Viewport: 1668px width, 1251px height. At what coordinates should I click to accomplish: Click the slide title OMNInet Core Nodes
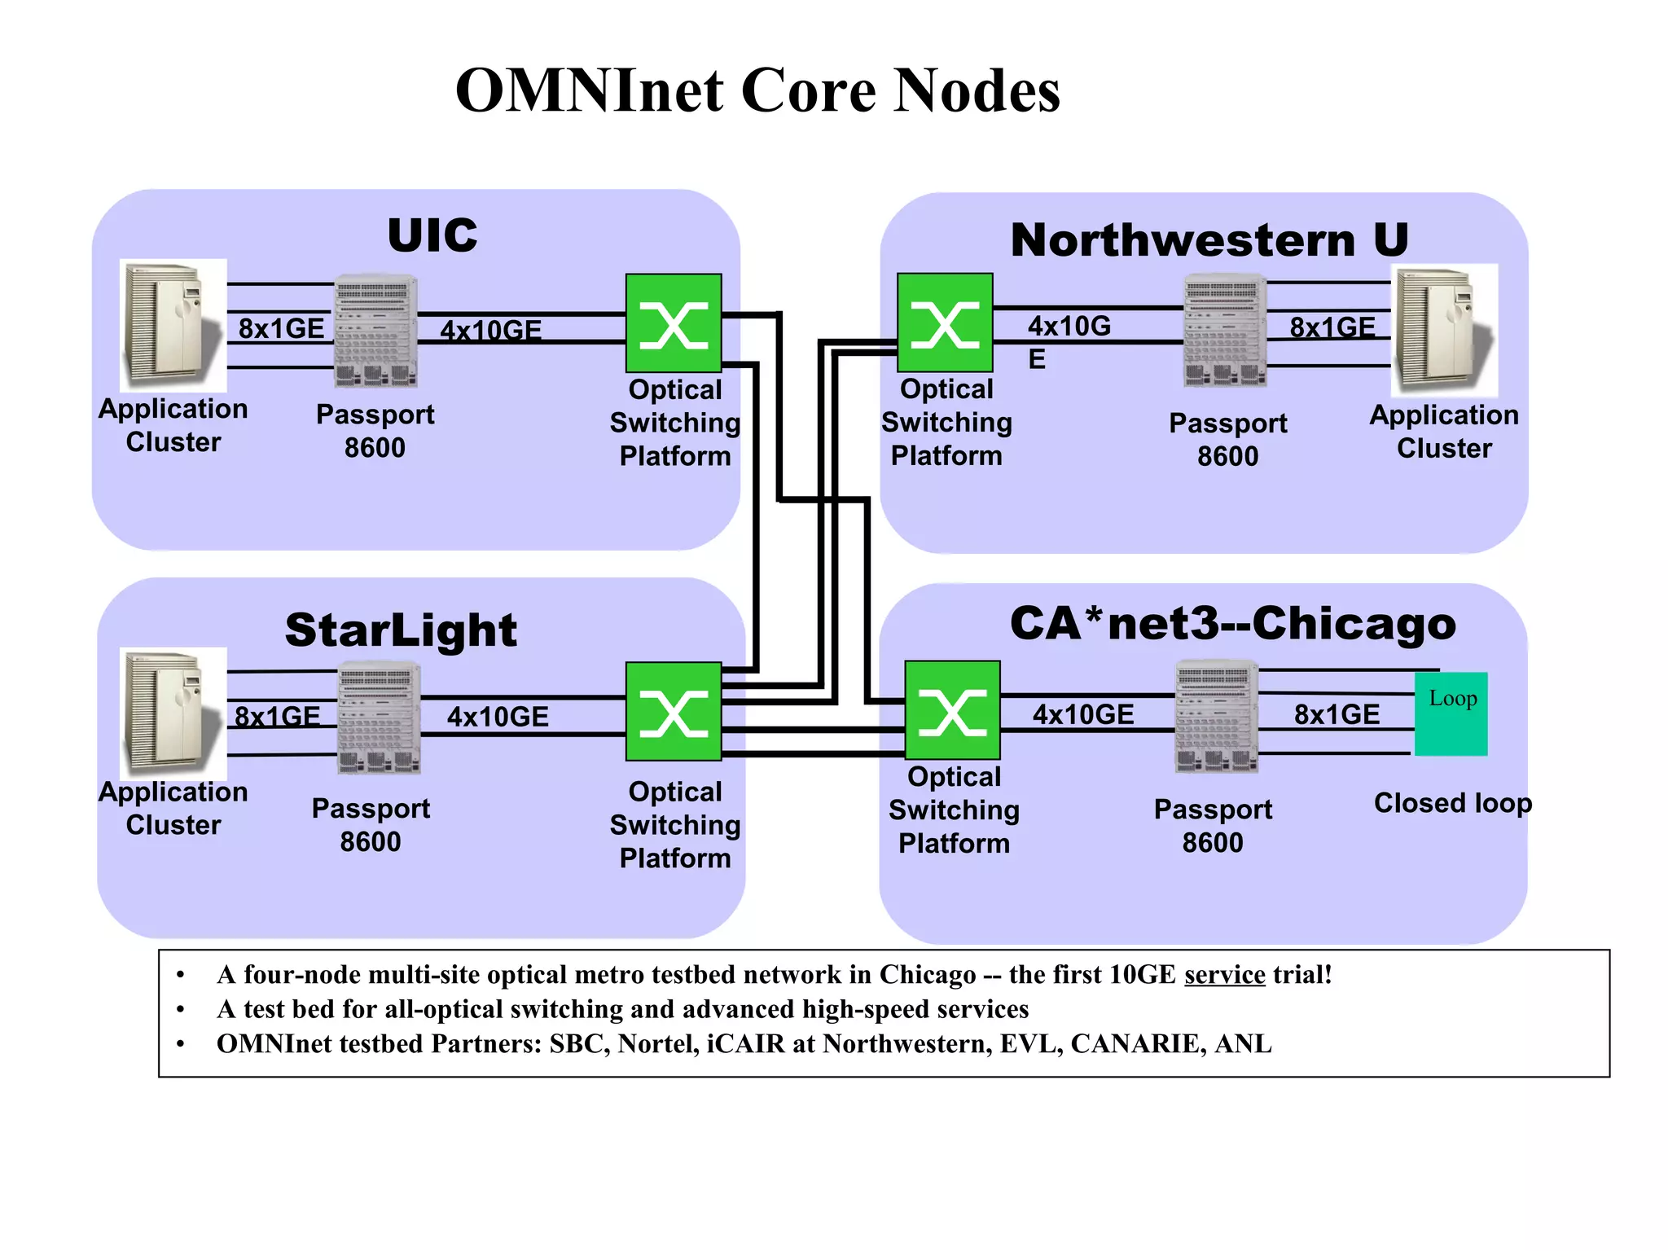(x=757, y=90)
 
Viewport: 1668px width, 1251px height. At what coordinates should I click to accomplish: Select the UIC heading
(x=432, y=235)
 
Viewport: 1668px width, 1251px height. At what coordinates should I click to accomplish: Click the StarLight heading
(x=401, y=630)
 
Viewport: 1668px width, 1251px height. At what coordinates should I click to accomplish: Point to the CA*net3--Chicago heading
(x=1232, y=624)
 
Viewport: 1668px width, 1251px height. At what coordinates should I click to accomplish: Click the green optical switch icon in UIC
(x=674, y=323)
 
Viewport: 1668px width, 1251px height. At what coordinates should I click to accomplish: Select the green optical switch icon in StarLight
(x=674, y=711)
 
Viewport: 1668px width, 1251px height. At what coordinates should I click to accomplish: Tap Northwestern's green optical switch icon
(x=945, y=323)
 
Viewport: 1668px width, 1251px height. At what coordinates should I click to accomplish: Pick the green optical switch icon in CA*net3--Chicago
(x=952, y=709)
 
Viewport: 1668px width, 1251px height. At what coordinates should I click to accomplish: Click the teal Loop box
(x=1451, y=713)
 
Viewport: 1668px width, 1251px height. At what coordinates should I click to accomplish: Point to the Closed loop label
(x=1452, y=803)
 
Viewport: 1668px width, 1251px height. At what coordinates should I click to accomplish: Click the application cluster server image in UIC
(x=173, y=325)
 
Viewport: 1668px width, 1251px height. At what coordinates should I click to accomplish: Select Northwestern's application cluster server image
(x=1445, y=330)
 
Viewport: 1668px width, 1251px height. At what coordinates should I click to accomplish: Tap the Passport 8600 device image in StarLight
(x=379, y=718)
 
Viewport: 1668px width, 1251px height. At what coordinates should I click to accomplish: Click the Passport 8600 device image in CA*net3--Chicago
(x=1217, y=717)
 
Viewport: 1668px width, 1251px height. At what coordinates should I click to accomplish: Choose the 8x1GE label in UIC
(x=281, y=328)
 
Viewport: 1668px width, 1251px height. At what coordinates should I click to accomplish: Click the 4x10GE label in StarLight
(x=498, y=717)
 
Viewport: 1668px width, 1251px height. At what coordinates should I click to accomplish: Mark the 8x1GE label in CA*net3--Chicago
(x=1337, y=714)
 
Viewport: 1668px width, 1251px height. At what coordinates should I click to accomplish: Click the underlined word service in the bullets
(x=1224, y=975)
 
